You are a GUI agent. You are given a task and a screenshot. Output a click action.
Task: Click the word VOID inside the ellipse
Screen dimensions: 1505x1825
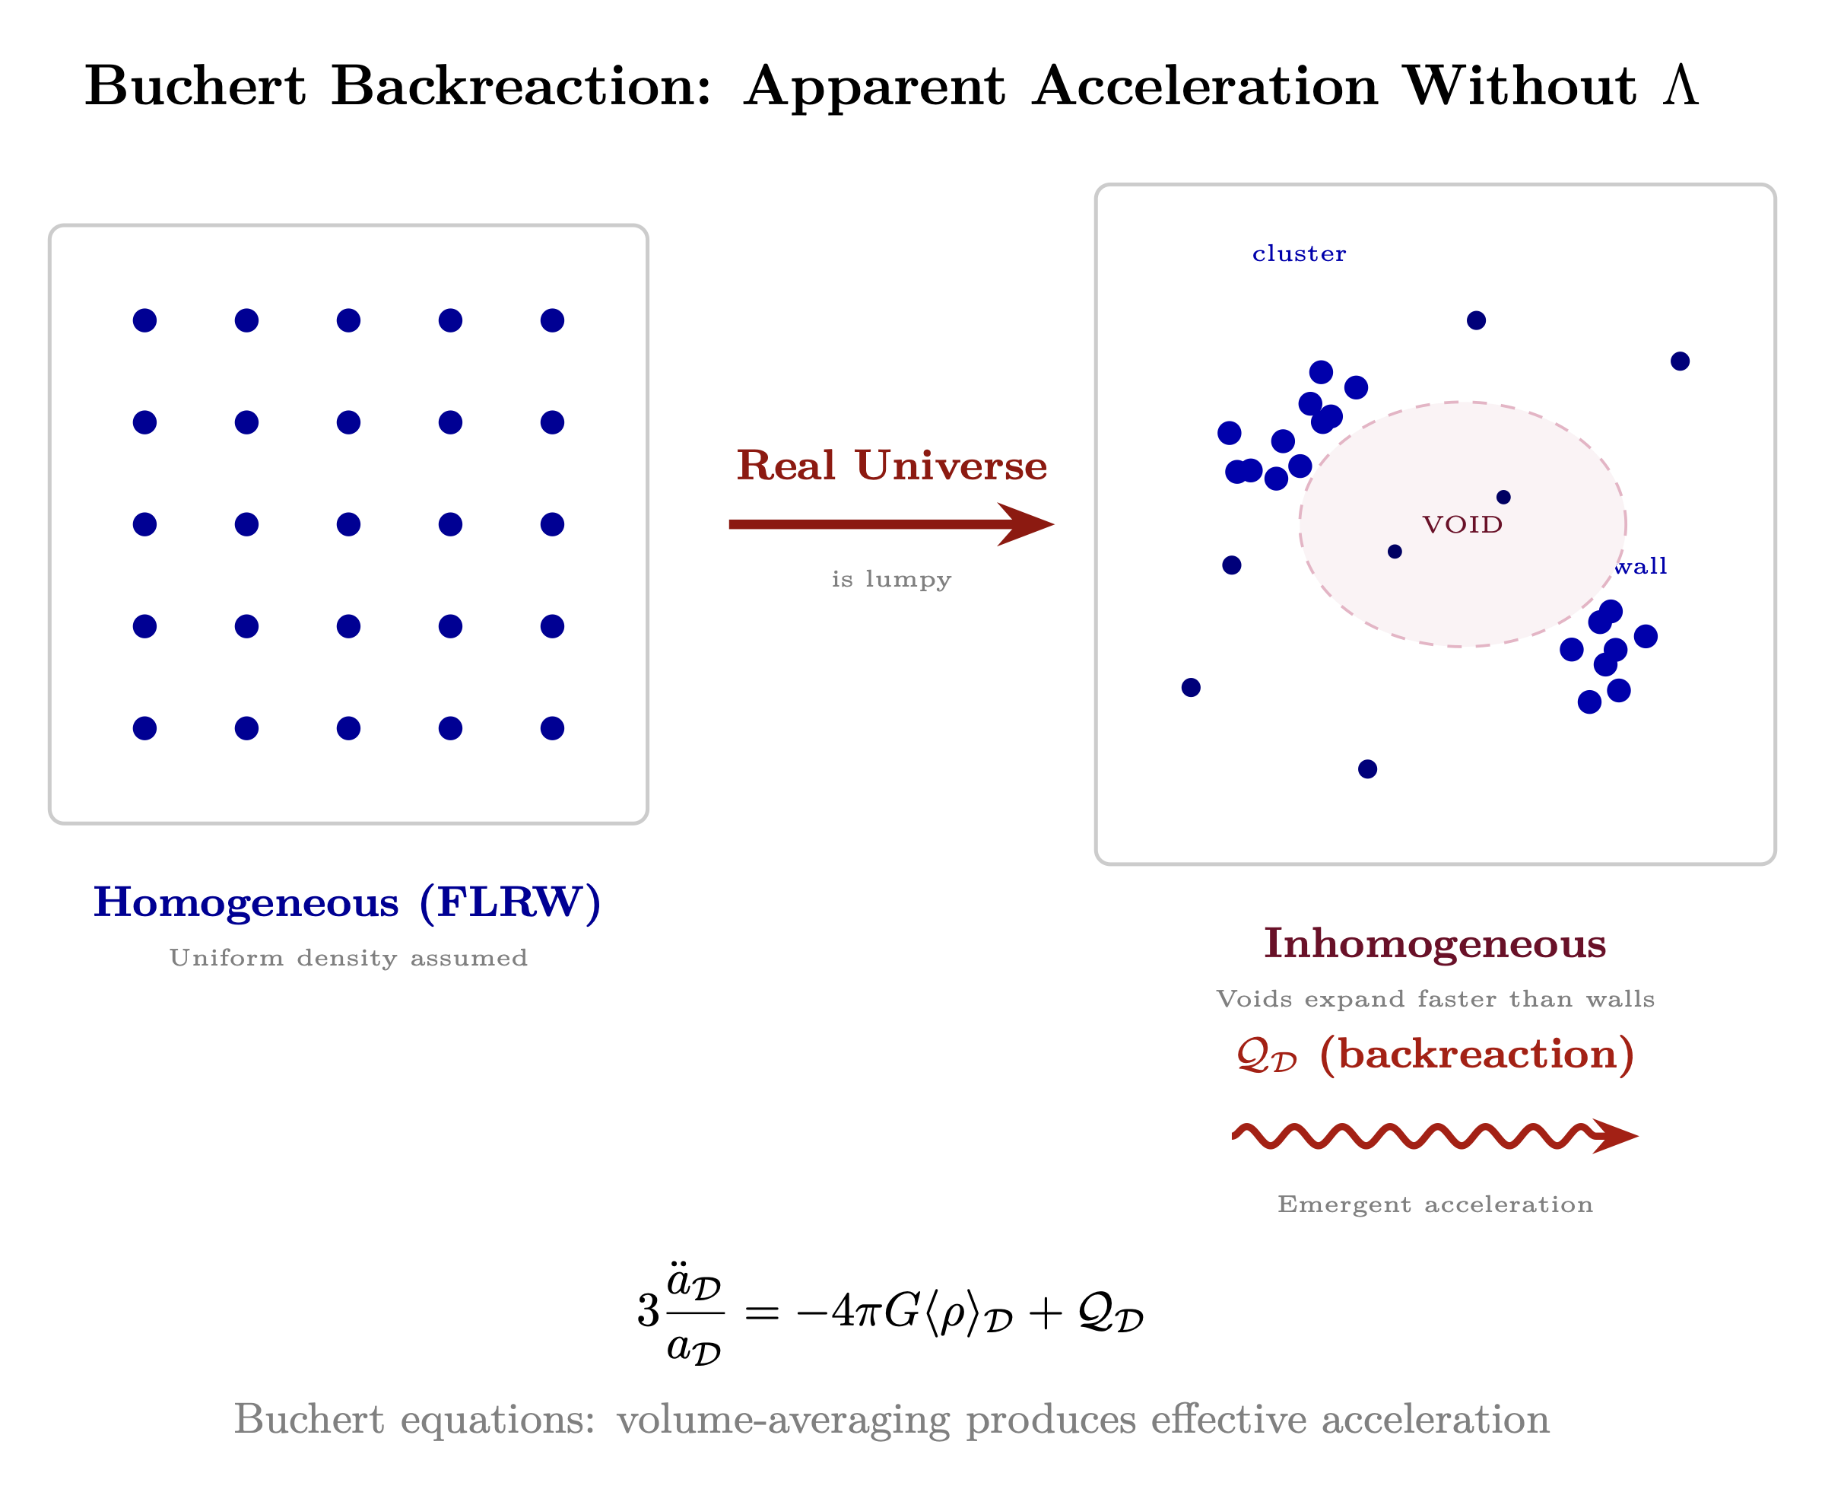(x=1463, y=524)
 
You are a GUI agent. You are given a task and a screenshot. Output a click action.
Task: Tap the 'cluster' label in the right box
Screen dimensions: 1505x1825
(x=1299, y=254)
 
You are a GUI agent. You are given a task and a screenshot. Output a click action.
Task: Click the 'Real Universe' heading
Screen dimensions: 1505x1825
(x=892, y=466)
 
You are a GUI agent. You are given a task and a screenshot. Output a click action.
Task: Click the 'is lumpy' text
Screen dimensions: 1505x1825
(x=892, y=579)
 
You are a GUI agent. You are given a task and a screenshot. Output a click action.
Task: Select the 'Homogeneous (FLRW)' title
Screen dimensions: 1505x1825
(x=348, y=902)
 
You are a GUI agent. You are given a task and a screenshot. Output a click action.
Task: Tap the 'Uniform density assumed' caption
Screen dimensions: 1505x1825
(x=348, y=958)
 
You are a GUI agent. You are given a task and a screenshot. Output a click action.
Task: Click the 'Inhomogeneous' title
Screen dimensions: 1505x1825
(x=1435, y=943)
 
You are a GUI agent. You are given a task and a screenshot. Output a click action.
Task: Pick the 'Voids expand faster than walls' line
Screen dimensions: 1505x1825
(x=1435, y=1000)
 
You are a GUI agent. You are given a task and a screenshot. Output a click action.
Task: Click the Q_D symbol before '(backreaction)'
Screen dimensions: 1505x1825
(x=1266, y=1056)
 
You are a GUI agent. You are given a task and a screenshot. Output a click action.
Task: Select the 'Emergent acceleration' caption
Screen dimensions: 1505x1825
(x=1435, y=1204)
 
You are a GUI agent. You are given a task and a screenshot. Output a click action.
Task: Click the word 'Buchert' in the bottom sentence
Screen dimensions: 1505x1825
(x=309, y=1419)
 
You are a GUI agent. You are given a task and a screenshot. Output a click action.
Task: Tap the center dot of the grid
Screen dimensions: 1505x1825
(x=348, y=524)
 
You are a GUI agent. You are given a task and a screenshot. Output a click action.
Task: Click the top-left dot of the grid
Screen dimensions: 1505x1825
(x=144, y=321)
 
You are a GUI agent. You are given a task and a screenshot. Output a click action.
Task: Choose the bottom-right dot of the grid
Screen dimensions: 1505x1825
(x=552, y=728)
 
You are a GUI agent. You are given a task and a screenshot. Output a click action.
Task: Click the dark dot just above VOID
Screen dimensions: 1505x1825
(x=1503, y=497)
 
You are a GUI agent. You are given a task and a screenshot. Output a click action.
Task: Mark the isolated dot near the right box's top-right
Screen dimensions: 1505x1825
(x=1681, y=361)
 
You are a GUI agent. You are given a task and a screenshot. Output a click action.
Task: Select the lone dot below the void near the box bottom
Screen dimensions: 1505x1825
(x=1367, y=769)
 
